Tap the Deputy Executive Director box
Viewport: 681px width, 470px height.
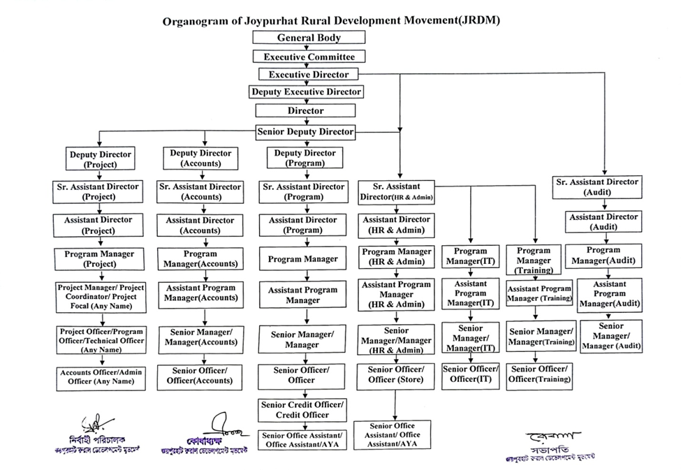[x=307, y=91]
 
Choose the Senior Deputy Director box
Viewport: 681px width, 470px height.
[x=306, y=131]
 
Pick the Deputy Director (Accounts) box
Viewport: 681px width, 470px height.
[x=200, y=159]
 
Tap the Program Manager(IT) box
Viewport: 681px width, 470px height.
[x=471, y=256]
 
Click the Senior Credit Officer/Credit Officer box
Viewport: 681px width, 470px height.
[x=303, y=409]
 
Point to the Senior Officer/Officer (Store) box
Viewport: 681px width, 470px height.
[x=395, y=374]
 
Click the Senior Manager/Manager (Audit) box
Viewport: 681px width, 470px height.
[x=610, y=336]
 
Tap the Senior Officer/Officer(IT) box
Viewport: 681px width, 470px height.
[x=471, y=374]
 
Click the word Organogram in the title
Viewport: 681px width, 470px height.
[x=196, y=20]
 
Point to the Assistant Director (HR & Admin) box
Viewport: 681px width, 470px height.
[x=396, y=224]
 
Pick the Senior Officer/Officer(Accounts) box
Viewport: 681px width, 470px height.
[x=199, y=375]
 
